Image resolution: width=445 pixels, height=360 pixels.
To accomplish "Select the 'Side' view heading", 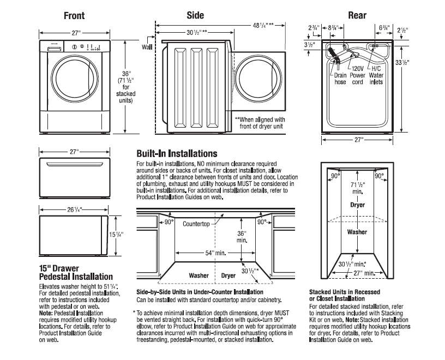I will pos(196,15).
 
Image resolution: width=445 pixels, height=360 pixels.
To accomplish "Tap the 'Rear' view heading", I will pos(357,15).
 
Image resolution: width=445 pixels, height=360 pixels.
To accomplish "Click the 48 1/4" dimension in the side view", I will pos(262,25).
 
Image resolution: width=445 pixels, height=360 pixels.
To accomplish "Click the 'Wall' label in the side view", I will pos(147,47).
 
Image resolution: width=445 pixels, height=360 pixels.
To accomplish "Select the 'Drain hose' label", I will pos(340,79).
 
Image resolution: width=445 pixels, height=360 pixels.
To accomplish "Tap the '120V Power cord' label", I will pos(357,75).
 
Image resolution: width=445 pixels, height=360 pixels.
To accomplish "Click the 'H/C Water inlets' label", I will pos(376,75).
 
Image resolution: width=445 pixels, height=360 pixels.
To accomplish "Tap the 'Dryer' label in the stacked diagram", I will pos(357,205).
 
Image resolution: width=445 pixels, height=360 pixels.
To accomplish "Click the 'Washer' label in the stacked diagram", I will pos(357,231).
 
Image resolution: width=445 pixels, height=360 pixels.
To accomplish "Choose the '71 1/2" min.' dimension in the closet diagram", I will pos(357,189).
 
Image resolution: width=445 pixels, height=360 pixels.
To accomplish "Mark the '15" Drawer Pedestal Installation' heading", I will pos(76,273).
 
